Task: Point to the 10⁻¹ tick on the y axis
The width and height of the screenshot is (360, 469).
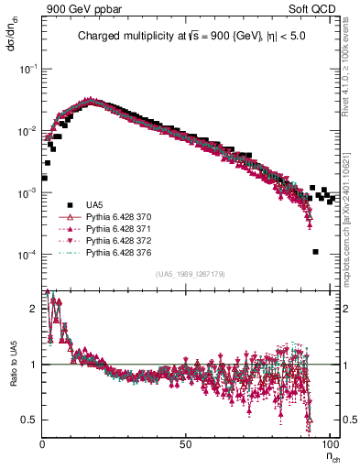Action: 29,70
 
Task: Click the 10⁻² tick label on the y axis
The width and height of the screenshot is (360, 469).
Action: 29,131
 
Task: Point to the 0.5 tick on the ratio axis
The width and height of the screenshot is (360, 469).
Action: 31,420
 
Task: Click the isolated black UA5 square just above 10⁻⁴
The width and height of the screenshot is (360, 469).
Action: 315,252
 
